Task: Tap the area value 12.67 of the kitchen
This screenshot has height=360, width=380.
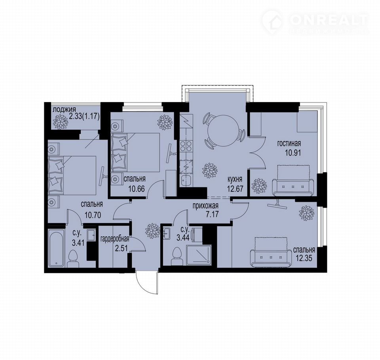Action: coord(235,188)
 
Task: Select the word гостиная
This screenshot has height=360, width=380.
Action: coord(289,144)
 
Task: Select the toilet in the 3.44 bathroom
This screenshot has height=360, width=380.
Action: coord(177,256)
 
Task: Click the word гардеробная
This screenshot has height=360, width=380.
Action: coord(115,239)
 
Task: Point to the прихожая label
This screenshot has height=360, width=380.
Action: coord(205,206)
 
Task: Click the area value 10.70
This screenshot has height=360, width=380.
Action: coord(93,215)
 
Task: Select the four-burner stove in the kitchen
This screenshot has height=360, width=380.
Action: coord(186,146)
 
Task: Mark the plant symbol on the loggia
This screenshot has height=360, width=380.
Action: coord(60,121)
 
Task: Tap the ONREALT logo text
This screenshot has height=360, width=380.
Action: coord(329,20)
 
